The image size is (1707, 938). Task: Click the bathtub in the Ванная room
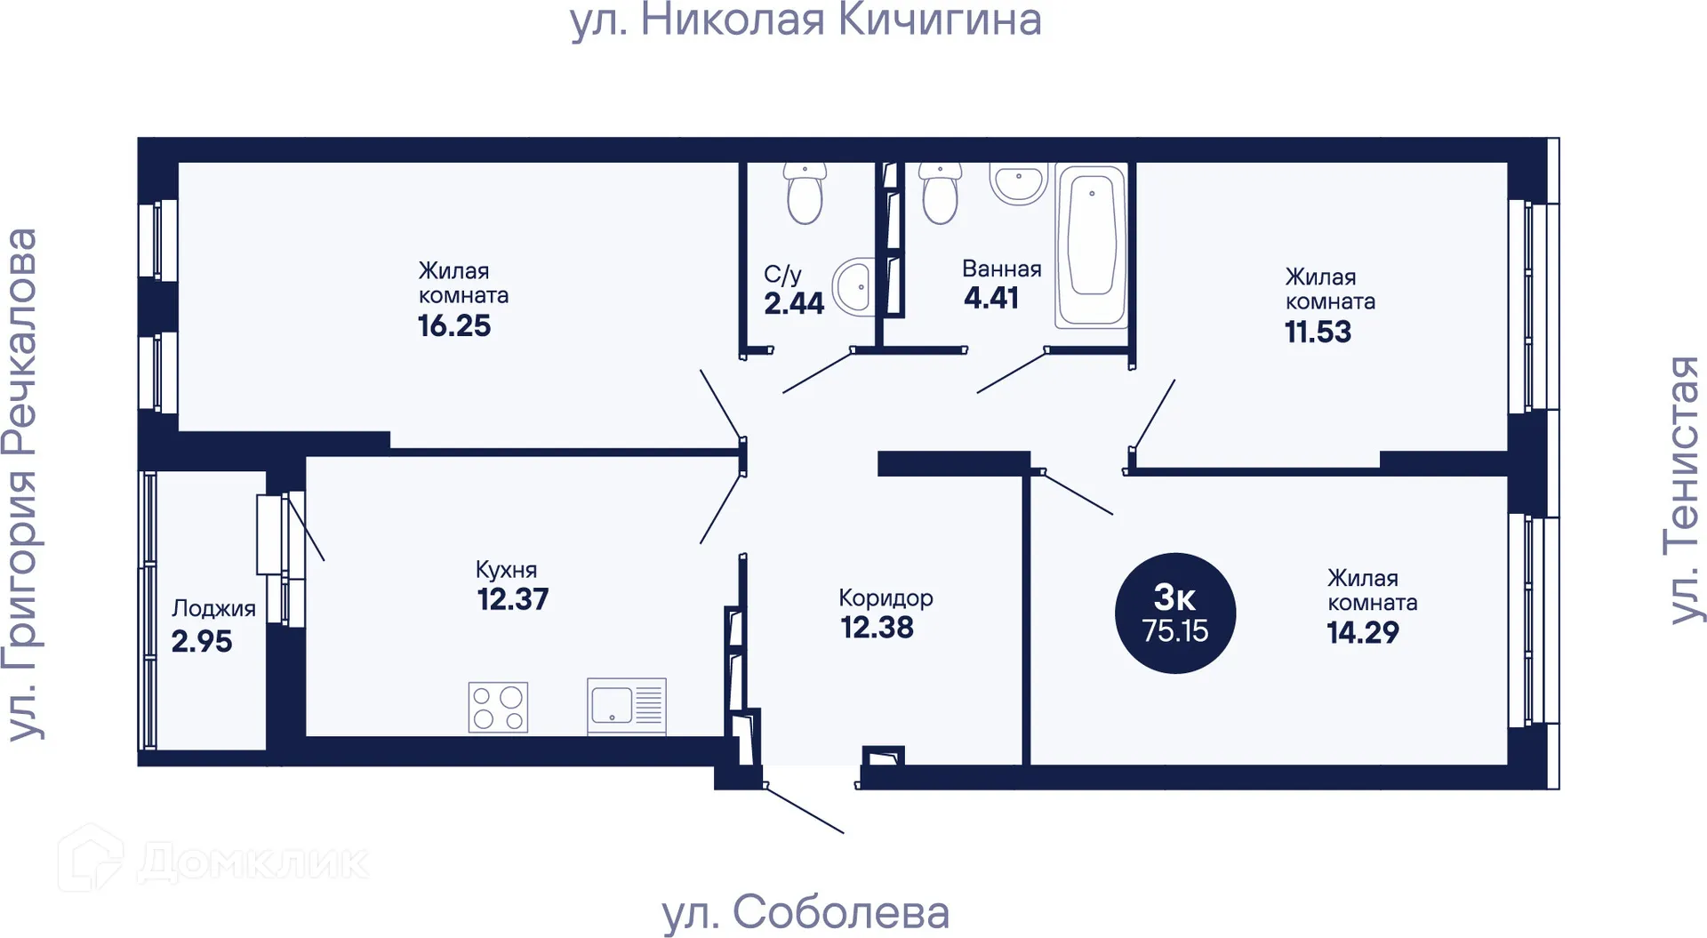click(x=1091, y=245)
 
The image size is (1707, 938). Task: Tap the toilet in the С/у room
click(x=805, y=194)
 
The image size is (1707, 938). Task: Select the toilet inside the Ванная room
click(x=941, y=194)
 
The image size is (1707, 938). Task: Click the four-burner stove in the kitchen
click(x=498, y=708)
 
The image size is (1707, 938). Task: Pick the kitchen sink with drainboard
click(x=626, y=707)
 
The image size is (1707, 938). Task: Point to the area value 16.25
click(x=454, y=326)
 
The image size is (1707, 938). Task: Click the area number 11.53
click(x=1318, y=333)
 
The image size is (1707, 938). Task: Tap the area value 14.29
click(x=1362, y=633)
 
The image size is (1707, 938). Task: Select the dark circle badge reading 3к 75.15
click(x=1174, y=613)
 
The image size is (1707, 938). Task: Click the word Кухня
click(x=506, y=570)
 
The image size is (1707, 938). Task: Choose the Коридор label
click(x=886, y=597)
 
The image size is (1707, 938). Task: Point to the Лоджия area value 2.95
click(x=202, y=642)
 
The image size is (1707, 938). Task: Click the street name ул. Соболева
click(x=805, y=913)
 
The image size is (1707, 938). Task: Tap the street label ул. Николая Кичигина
click(x=805, y=20)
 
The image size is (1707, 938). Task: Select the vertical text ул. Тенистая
click(x=1683, y=490)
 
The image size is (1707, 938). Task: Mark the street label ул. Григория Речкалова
click(x=21, y=485)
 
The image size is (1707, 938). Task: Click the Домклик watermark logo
click(x=213, y=860)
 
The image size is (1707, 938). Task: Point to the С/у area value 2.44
click(x=794, y=304)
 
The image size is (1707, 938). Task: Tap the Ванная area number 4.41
click(x=991, y=298)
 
